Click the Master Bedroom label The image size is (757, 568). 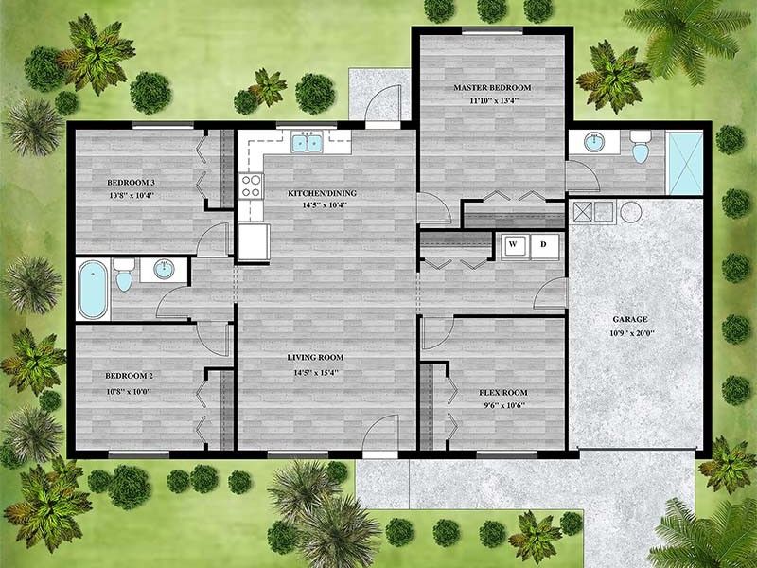491,87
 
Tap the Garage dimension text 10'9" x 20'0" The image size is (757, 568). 628,333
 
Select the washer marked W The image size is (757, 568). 515,244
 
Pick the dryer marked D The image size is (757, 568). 543,244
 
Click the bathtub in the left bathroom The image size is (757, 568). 93,289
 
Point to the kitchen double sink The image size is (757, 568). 307,144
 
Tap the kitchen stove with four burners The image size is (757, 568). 251,186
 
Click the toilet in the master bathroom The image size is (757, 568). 640,148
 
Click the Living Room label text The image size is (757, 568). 315,358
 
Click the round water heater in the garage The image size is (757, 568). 631,211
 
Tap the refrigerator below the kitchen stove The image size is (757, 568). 253,242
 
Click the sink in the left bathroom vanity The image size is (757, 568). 163,271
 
